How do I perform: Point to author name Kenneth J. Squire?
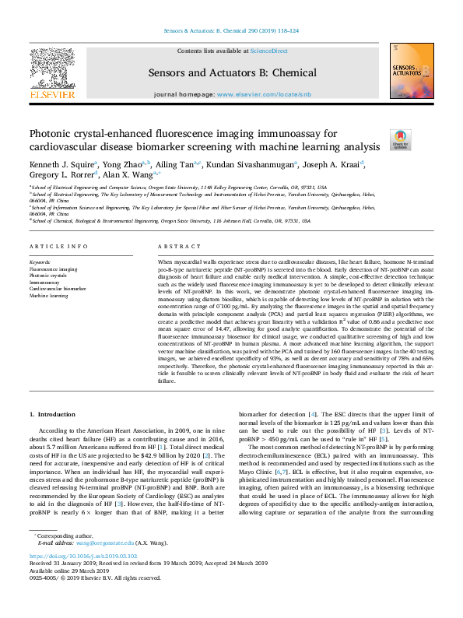(x=61, y=164)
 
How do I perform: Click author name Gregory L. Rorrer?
(x=61, y=176)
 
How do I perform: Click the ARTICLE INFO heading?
(x=58, y=247)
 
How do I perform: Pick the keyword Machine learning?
(x=49, y=296)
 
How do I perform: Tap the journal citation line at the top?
(x=231, y=31)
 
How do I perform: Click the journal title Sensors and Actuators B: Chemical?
(x=231, y=72)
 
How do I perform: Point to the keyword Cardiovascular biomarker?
(x=58, y=290)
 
